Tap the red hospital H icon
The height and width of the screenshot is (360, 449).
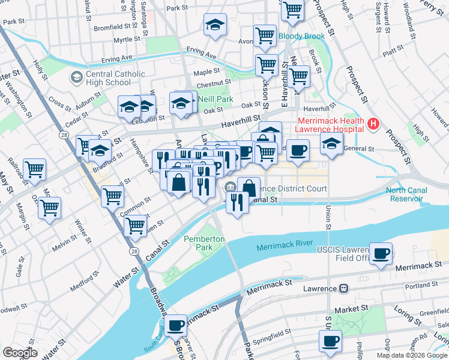[373, 124]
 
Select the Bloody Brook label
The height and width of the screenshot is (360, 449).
[301, 36]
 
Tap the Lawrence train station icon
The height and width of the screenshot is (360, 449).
[343, 288]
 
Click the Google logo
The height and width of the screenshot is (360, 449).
[20, 353]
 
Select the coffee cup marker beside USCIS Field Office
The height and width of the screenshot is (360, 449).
[381, 253]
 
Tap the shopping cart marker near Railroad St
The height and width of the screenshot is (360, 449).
[34, 169]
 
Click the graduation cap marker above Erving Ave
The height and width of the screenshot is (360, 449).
[215, 25]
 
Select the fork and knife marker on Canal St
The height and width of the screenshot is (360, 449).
[238, 202]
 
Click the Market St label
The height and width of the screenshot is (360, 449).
[351, 308]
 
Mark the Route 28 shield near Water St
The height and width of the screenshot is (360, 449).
[134, 251]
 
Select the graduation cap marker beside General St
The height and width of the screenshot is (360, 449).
[331, 143]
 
